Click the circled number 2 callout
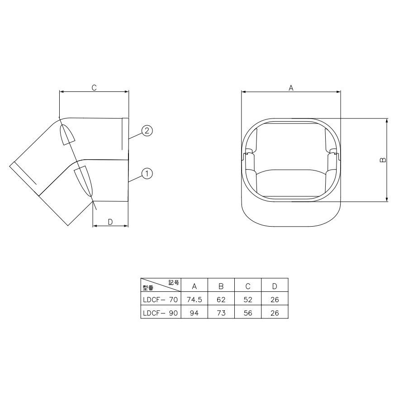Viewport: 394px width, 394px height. [x=147, y=131]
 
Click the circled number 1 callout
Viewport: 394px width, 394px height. [x=147, y=173]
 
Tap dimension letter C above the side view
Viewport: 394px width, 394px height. [x=94, y=88]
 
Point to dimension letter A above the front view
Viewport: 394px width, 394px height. [x=291, y=88]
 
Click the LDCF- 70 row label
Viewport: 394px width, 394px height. [x=161, y=299]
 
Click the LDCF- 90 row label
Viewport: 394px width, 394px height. [x=161, y=313]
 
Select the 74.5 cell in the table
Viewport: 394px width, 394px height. [x=194, y=299]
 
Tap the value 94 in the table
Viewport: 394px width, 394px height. [x=194, y=313]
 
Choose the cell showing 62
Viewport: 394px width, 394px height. [x=221, y=299]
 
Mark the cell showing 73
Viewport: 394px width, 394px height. [x=221, y=313]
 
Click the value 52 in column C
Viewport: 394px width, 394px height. [x=247, y=299]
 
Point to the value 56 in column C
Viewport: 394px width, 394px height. [x=247, y=313]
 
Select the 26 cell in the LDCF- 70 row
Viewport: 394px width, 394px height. [x=275, y=299]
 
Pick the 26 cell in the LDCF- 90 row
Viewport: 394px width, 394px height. [x=275, y=313]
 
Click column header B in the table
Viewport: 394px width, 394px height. [x=221, y=286]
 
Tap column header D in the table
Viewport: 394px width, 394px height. [x=275, y=286]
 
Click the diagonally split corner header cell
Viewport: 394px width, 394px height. [x=161, y=285]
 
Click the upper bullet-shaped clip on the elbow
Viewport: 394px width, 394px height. [x=67, y=133]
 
